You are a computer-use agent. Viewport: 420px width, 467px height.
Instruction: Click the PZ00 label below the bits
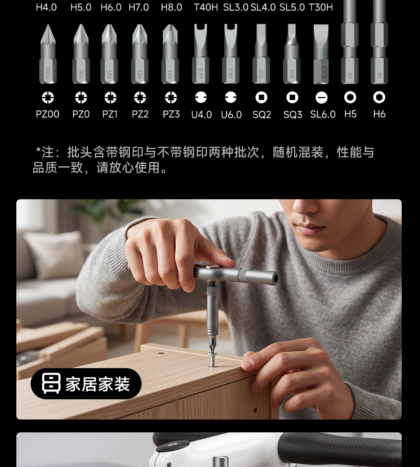[x=47, y=114]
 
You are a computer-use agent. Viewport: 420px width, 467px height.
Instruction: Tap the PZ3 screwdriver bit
[x=170, y=54]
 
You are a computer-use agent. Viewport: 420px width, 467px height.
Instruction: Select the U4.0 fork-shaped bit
[x=200, y=54]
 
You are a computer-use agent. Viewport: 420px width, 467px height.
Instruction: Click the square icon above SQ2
[x=261, y=97]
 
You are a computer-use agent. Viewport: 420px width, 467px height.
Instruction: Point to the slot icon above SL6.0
[x=322, y=98]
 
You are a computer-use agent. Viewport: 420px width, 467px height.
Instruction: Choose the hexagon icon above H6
[x=379, y=97]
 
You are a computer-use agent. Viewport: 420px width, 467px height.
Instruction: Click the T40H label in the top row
[x=206, y=7]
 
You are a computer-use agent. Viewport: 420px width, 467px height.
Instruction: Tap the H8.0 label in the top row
[x=171, y=7]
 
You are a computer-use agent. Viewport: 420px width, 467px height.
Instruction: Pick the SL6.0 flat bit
[x=321, y=54]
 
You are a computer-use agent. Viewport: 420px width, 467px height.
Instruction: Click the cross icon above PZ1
[x=110, y=97]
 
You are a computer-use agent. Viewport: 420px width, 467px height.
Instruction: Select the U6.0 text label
[x=231, y=114]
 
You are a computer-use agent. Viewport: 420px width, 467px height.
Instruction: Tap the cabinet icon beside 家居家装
[x=51, y=383]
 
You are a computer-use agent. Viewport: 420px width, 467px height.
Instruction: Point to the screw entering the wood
[x=212, y=360]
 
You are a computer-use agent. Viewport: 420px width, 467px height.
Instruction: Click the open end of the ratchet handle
[x=275, y=278]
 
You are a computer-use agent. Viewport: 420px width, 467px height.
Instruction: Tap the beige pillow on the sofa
[x=55, y=255]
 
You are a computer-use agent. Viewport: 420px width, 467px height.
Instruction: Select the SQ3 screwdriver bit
[x=292, y=54]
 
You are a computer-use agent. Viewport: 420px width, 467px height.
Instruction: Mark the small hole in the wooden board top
[x=163, y=353]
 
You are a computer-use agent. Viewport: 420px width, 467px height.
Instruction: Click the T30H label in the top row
[x=321, y=7]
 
